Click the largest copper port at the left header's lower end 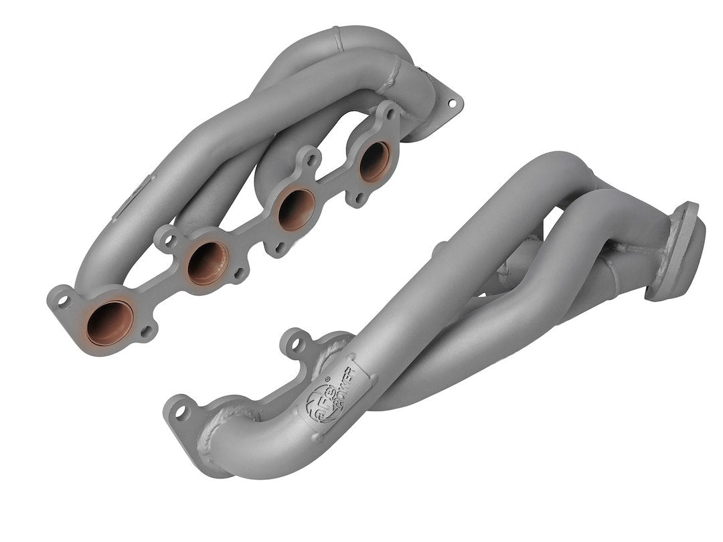[110, 323]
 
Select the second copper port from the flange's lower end [208, 262]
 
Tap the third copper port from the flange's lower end [297, 209]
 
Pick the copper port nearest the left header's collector [375, 161]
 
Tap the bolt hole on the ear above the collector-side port [387, 114]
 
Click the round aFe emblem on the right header [317, 405]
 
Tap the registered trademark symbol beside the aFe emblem [327, 380]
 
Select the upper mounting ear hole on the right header [293, 344]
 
